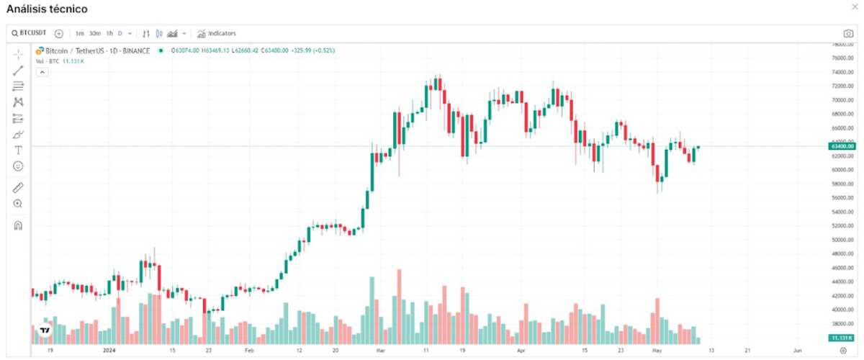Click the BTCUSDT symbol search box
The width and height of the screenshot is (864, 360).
pyautogui.click(x=29, y=33)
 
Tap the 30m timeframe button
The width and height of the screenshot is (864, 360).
pyautogui.click(x=95, y=33)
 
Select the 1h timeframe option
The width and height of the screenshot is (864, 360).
pyautogui.click(x=109, y=33)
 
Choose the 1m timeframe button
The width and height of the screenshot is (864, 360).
pyautogui.click(x=79, y=33)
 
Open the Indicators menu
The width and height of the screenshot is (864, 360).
pyautogui.click(x=217, y=33)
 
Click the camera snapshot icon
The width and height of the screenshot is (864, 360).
pyautogui.click(x=848, y=34)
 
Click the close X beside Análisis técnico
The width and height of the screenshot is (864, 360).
pyautogui.click(x=855, y=6)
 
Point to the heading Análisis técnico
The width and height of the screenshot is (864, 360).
pyautogui.click(x=47, y=9)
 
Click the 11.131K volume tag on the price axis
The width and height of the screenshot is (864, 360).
pyautogui.click(x=837, y=338)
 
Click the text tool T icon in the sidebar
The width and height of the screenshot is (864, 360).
pyautogui.click(x=18, y=150)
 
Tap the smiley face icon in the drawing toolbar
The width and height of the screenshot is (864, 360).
pyautogui.click(x=18, y=166)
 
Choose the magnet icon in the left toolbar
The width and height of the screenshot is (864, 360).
pyautogui.click(x=18, y=225)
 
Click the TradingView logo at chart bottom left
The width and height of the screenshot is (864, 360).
pyautogui.click(x=45, y=330)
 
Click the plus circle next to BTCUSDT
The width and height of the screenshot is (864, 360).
pyautogui.click(x=59, y=33)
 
